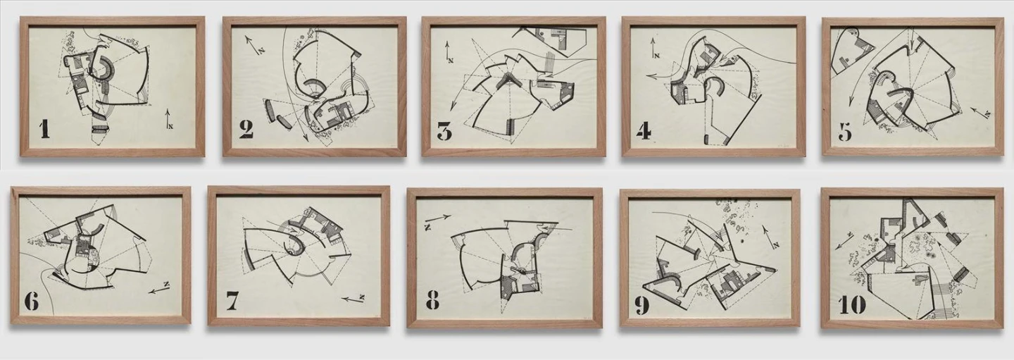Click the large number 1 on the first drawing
pyautogui.click(x=44, y=129)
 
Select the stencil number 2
pyautogui.click(x=246, y=130)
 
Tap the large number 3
pyautogui.click(x=444, y=131)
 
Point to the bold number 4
pyautogui.click(x=644, y=131)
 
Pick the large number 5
pyautogui.click(x=845, y=132)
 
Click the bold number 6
pyautogui.click(x=32, y=301)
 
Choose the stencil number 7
pyautogui.click(x=232, y=301)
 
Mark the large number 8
pyautogui.click(x=433, y=299)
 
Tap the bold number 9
pyautogui.click(x=642, y=305)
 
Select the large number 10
pyautogui.click(x=852, y=305)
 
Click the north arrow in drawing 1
pyautogui.click(x=168, y=119)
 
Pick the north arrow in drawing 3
pyautogui.click(x=448, y=51)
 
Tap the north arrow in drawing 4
pyautogui.click(x=653, y=48)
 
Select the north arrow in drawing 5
pyautogui.click(x=980, y=113)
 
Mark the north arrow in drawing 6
pyautogui.click(x=159, y=288)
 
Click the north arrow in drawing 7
pyautogui.click(x=353, y=299)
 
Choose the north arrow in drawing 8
pyautogui.click(x=437, y=220)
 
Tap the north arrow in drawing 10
pyautogui.click(x=844, y=240)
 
